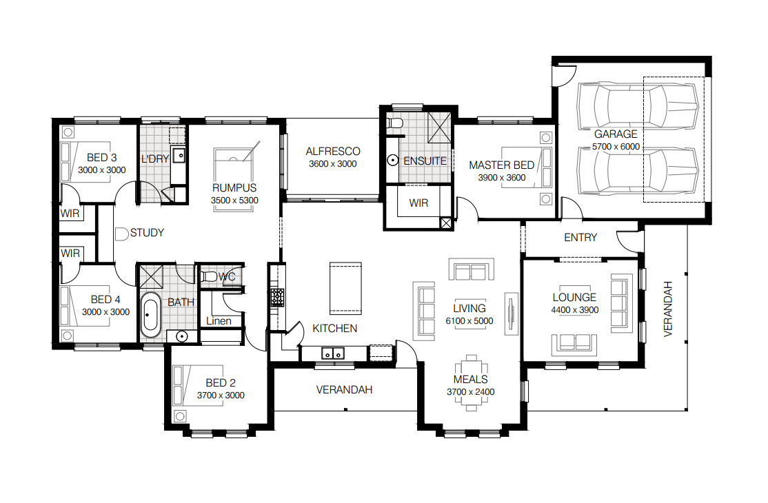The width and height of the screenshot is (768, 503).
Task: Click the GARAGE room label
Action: click(x=616, y=134)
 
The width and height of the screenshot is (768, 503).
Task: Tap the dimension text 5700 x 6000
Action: click(x=616, y=147)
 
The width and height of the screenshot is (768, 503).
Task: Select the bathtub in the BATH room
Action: click(x=150, y=315)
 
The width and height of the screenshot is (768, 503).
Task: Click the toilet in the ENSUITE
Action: click(x=395, y=123)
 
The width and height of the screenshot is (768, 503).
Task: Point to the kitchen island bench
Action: click(x=345, y=288)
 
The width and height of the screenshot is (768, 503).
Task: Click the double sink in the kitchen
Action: click(x=332, y=353)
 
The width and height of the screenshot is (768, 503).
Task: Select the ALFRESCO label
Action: click(x=333, y=152)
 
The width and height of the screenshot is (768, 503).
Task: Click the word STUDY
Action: click(x=147, y=233)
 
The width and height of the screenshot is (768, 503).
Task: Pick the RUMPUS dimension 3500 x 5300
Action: click(x=234, y=201)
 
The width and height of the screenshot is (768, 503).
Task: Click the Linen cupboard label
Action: click(x=219, y=321)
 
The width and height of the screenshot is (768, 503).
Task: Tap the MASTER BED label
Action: click(x=502, y=165)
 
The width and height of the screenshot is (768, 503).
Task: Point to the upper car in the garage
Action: click(x=637, y=106)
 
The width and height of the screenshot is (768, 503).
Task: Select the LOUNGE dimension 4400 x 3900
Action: click(x=575, y=310)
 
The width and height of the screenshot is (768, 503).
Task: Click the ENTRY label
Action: click(x=580, y=238)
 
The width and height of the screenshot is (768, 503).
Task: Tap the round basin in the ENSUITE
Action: click(x=392, y=160)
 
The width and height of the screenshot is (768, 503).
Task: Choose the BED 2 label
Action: click(x=221, y=383)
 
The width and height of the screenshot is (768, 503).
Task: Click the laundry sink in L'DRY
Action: click(x=179, y=156)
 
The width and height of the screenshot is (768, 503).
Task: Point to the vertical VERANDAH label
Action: click(x=667, y=309)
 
